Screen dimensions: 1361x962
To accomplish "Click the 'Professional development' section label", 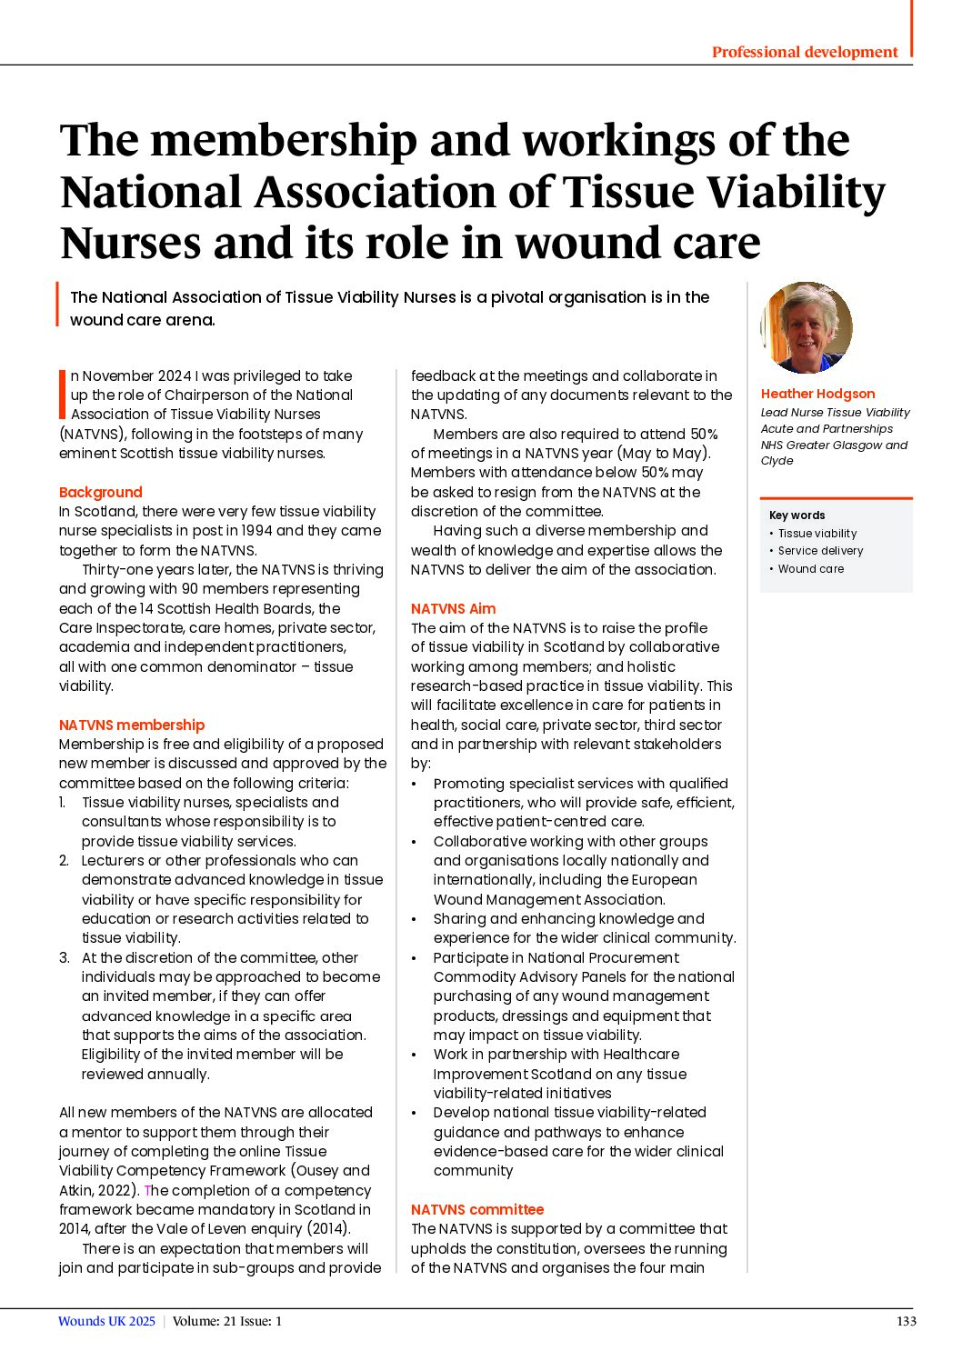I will pyautogui.click(x=805, y=52).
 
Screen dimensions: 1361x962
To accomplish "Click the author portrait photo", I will pyautogui.click(x=806, y=328).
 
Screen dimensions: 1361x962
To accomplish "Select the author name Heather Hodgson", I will pyautogui.click(x=817, y=394).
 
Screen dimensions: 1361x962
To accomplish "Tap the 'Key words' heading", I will pyautogui.click(x=797, y=515).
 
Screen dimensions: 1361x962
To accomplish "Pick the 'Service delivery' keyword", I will pyautogui.click(x=820, y=551).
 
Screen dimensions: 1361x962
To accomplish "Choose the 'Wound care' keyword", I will pyautogui.click(x=810, y=569).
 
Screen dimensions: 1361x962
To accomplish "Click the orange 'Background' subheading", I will pyautogui.click(x=100, y=492).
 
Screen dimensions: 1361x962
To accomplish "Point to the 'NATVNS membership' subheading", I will pyautogui.click(x=132, y=725).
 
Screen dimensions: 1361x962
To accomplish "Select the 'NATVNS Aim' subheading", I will pyautogui.click(x=453, y=608).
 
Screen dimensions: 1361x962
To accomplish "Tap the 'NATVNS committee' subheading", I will pyautogui.click(x=476, y=1209).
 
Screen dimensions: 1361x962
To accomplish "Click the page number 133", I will pyautogui.click(x=906, y=1321).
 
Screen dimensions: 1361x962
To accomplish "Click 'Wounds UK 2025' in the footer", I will pyautogui.click(x=106, y=1321).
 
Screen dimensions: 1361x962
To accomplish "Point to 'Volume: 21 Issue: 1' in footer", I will pyautogui.click(x=227, y=1321).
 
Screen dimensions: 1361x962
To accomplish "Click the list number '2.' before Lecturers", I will pyautogui.click(x=64, y=860).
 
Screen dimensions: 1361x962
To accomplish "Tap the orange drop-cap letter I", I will pyautogui.click(x=62, y=395).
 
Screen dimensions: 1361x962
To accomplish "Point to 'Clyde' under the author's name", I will pyautogui.click(x=777, y=461).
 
